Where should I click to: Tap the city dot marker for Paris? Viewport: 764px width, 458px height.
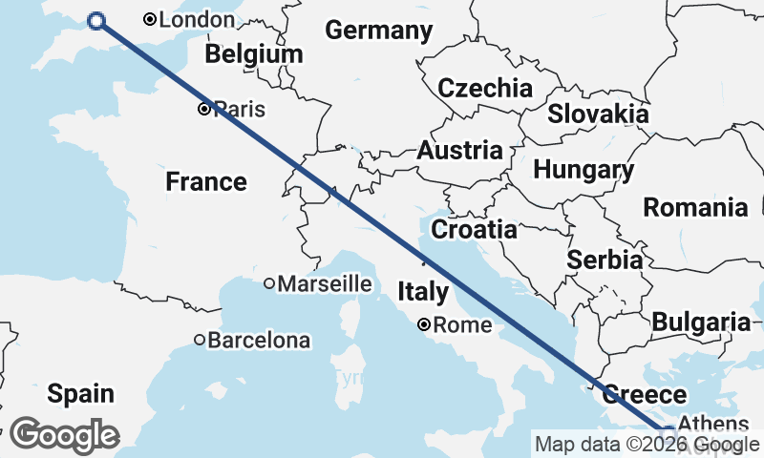point(203,109)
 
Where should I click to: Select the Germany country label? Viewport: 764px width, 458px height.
point(379,31)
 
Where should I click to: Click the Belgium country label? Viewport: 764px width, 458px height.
point(253,54)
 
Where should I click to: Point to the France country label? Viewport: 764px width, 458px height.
point(206,181)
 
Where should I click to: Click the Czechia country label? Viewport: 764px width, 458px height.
point(485,89)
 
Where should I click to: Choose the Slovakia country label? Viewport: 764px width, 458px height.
point(598,114)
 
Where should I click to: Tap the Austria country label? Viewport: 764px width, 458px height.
point(459,150)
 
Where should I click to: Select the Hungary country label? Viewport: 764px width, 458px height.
point(583,171)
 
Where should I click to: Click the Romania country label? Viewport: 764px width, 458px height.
point(694,207)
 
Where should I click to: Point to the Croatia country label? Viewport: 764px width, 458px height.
point(474,230)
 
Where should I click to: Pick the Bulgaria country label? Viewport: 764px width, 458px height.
point(701,322)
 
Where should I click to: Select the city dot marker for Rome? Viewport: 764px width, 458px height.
point(424,325)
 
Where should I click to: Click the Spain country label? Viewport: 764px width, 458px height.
point(80,393)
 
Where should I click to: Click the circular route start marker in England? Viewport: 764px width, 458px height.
point(95,21)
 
